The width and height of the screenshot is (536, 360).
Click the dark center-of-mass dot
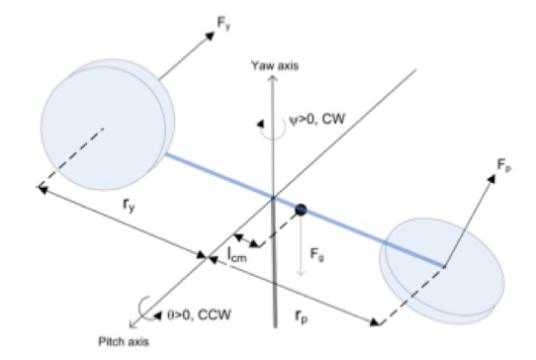tap(299, 209)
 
